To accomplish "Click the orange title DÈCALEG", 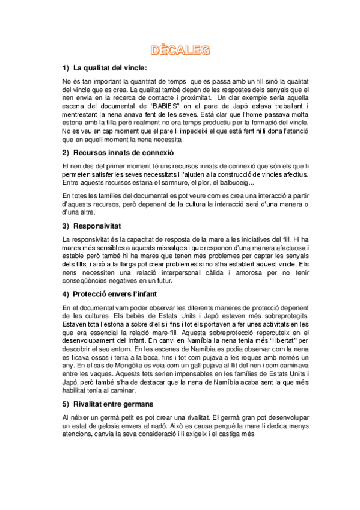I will [180, 51].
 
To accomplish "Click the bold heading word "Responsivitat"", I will [97, 226].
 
